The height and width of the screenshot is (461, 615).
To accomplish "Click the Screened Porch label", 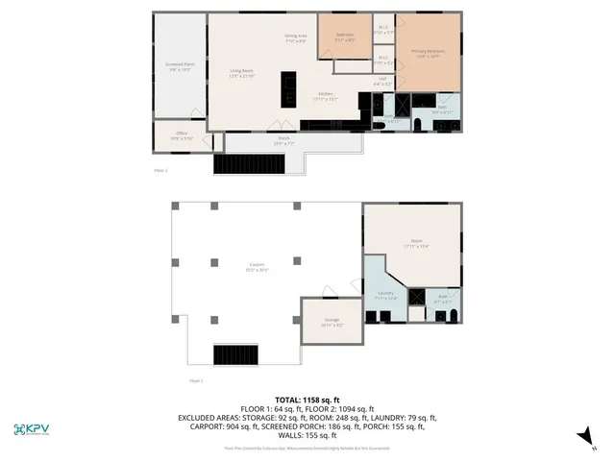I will tap(181, 67).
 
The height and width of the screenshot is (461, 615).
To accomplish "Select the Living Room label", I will tap(240, 73).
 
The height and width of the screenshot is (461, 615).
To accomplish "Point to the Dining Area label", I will tap(295, 38).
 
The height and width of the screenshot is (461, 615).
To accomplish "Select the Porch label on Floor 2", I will tap(284, 140).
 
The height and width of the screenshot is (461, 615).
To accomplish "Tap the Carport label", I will tap(257, 266).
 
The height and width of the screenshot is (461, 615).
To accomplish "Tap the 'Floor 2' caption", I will tap(160, 171).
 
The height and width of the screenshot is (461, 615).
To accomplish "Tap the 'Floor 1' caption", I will tap(196, 381).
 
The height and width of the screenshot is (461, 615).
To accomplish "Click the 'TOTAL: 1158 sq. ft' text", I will tap(307, 400).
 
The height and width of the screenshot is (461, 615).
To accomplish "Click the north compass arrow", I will tap(580, 437).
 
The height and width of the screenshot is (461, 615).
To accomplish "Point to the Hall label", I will tap(382, 83).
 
